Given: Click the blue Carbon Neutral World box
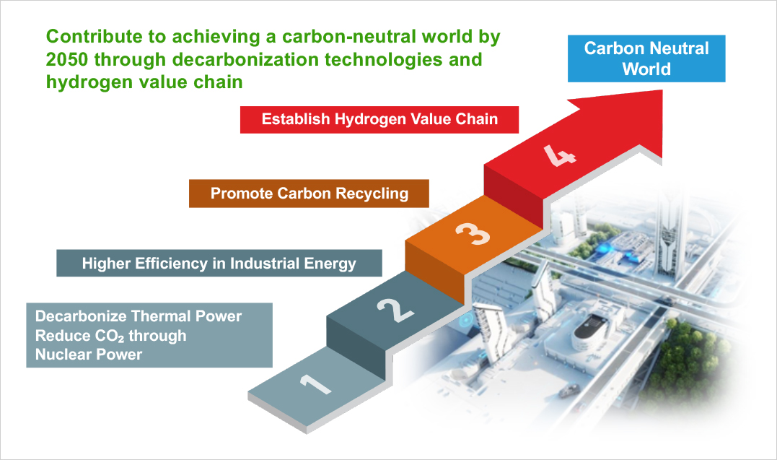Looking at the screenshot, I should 646,58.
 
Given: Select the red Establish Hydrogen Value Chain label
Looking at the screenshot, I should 379,118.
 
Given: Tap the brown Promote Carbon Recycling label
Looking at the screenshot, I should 309,194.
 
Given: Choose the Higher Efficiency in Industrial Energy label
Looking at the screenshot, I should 219,263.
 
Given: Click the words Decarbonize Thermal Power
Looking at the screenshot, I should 138,316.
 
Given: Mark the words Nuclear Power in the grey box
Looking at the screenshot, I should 89,354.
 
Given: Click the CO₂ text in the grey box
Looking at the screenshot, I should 105,336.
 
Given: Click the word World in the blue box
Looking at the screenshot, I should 646,69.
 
